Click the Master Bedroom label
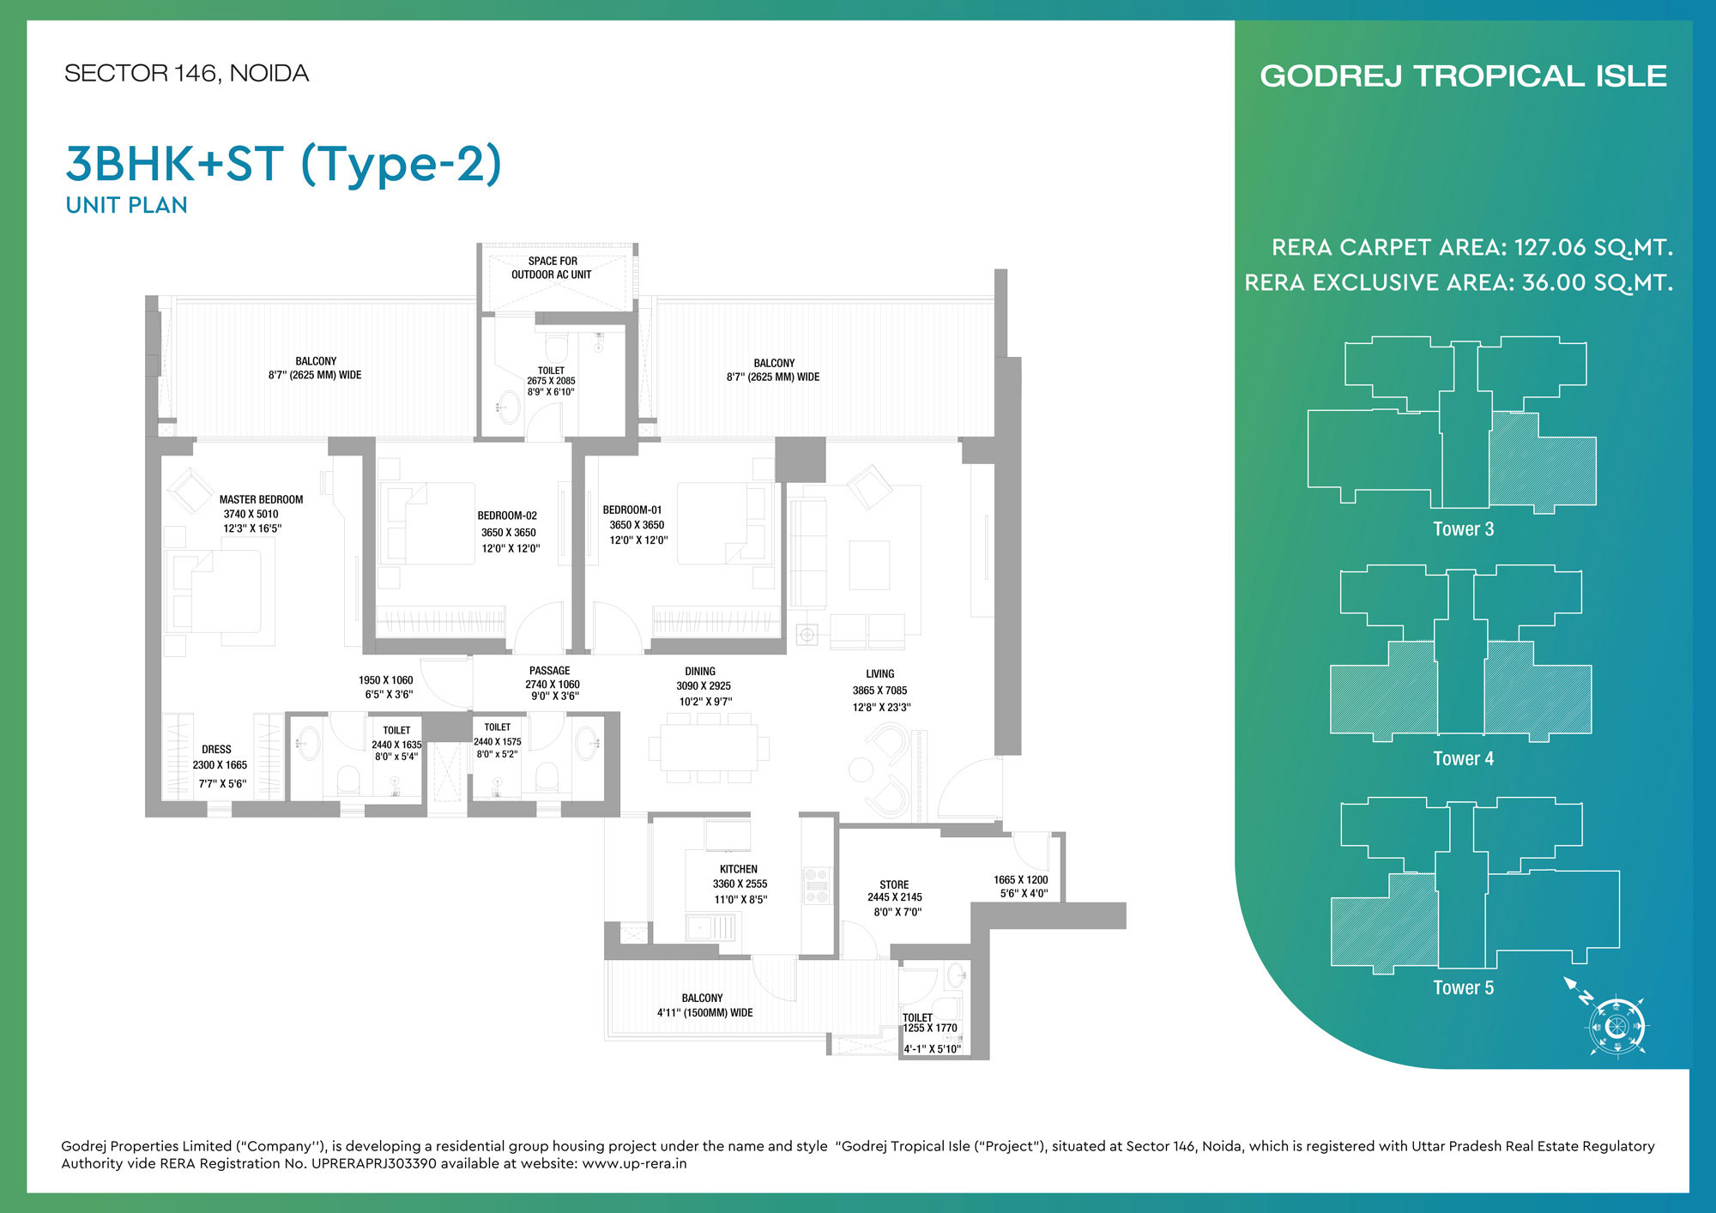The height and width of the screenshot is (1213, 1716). (261, 499)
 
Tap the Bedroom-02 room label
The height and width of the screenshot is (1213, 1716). (507, 516)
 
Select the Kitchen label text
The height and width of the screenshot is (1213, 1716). (739, 869)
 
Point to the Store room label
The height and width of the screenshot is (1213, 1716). (894, 884)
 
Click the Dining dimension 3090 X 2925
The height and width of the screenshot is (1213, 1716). (704, 685)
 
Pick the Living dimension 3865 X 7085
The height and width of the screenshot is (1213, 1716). (879, 691)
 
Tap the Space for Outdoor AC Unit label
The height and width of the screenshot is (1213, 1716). (552, 268)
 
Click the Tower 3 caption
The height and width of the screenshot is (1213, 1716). (1463, 529)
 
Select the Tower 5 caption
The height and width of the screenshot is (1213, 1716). (1463, 987)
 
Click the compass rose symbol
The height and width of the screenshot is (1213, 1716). (1616, 1026)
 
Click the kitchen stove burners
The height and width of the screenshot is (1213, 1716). (816, 886)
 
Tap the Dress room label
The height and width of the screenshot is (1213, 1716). (216, 749)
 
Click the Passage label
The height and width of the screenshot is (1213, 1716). (549, 671)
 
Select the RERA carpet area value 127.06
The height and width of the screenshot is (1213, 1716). (1550, 247)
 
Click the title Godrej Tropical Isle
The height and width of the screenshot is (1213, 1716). (1463, 75)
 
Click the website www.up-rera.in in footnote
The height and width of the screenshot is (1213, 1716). (634, 1164)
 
